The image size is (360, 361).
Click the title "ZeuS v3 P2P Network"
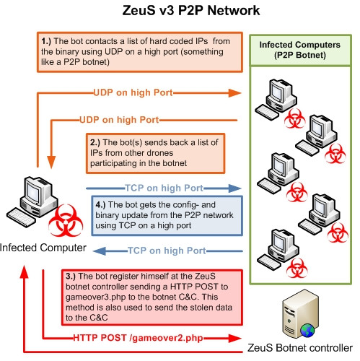pyautogui.click(x=191, y=11)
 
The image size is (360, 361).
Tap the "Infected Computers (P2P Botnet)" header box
pyautogui.click(x=300, y=50)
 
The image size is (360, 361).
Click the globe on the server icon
pyautogui.click(x=307, y=331)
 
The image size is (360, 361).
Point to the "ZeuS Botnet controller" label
pyautogui.click(x=300, y=348)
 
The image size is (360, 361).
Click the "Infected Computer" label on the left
pyautogui.click(x=43, y=248)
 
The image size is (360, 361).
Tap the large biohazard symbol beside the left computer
pyautogui.click(x=66, y=220)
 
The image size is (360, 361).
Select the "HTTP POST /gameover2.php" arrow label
pyautogui.click(x=138, y=338)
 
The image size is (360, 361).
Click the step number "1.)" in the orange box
pyautogui.click(x=46, y=41)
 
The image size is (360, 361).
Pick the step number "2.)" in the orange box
pyautogui.click(x=95, y=142)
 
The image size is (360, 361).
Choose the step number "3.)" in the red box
pyautogui.click(x=71, y=276)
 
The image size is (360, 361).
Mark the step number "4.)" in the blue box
pyautogui.click(x=100, y=204)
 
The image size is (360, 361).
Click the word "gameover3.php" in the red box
pyautogui.click(x=96, y=297)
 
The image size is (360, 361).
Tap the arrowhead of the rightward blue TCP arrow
pyautogui.click(x=234, y=188)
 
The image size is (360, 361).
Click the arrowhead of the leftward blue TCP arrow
pyautogui.click(x=100, y=251)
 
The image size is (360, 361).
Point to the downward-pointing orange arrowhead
pyautogui.click(x=51, y=162)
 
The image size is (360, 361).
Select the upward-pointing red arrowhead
pyautogui.click(x=24, y=272)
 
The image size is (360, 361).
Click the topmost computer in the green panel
pyautogui.click(x=276, y=99)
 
